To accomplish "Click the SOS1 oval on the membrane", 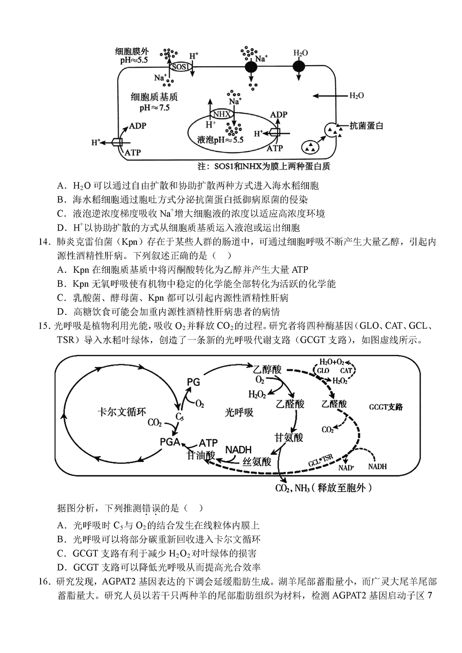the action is click(x=181, y=67).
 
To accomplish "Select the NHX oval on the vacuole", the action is click(x=222, y=114).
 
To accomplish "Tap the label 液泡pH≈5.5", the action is click(x=220, y=140).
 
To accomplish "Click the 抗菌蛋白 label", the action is click(x=367, y=126).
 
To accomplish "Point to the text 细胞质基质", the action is click(x=154, y=97).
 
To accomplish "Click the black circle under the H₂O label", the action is click(x=299, y=67).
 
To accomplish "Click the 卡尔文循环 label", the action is click(x=122, y=412).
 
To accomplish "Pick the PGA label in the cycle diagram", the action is click(x=170, y=442).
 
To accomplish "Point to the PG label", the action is click(x=194, y=382).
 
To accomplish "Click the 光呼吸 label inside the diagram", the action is click(x=239, y=412).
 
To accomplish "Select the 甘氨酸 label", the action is click(x=288, y=437).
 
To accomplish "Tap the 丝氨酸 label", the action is click(x=257, y=461).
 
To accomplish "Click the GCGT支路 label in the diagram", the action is click(x=386, y=407).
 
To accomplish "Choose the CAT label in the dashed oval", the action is click(x=346, y=370).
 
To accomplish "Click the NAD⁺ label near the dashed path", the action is click(x=346, y=468).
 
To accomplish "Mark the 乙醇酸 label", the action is click(x=267, y=369).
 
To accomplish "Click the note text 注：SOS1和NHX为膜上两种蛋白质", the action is click(x=264, y=166).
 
